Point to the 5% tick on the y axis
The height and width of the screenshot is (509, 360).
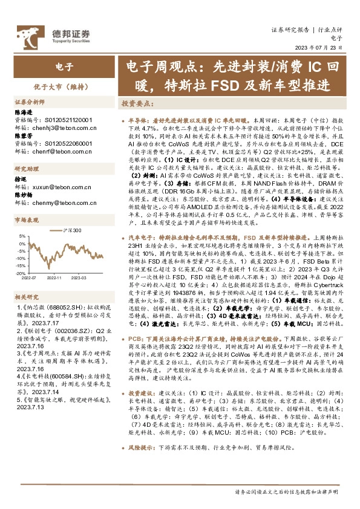(x=22, y=236)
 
